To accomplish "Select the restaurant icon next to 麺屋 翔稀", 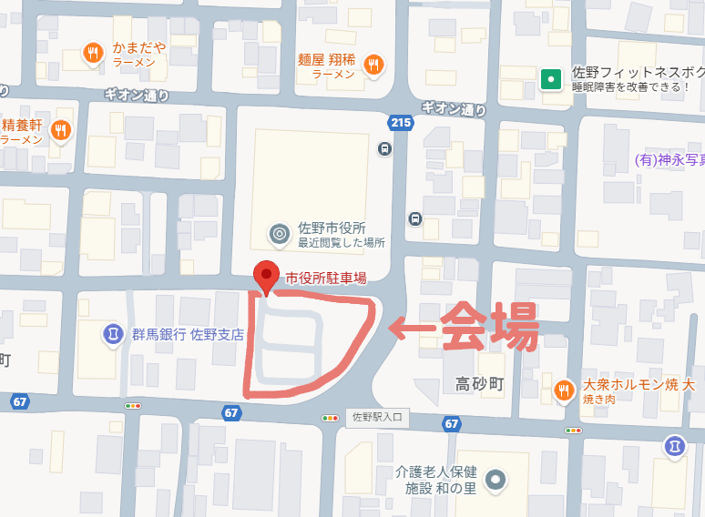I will pyautogui.click(x=373, y=65).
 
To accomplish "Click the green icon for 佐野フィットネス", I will pyautogui.click(x=550, y=79).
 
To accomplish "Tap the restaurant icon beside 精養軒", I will pyautogui.click(x=61, y=131).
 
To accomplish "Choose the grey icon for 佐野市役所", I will pyautogui.click(x=280, y=235).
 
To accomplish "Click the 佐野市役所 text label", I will pyautogui.click(x=332, y=228).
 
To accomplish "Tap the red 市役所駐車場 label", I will pyautogui.click(x=326, y=278).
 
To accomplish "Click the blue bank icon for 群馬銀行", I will pyautogui.click(x=112, y=334).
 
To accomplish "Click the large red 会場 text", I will pyautogui.click(x=489, y=325).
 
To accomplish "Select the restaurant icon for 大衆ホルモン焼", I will pyautogui.click(x=565, y=390).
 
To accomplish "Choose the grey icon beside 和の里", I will pyautogui.click(x=496, y=480).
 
